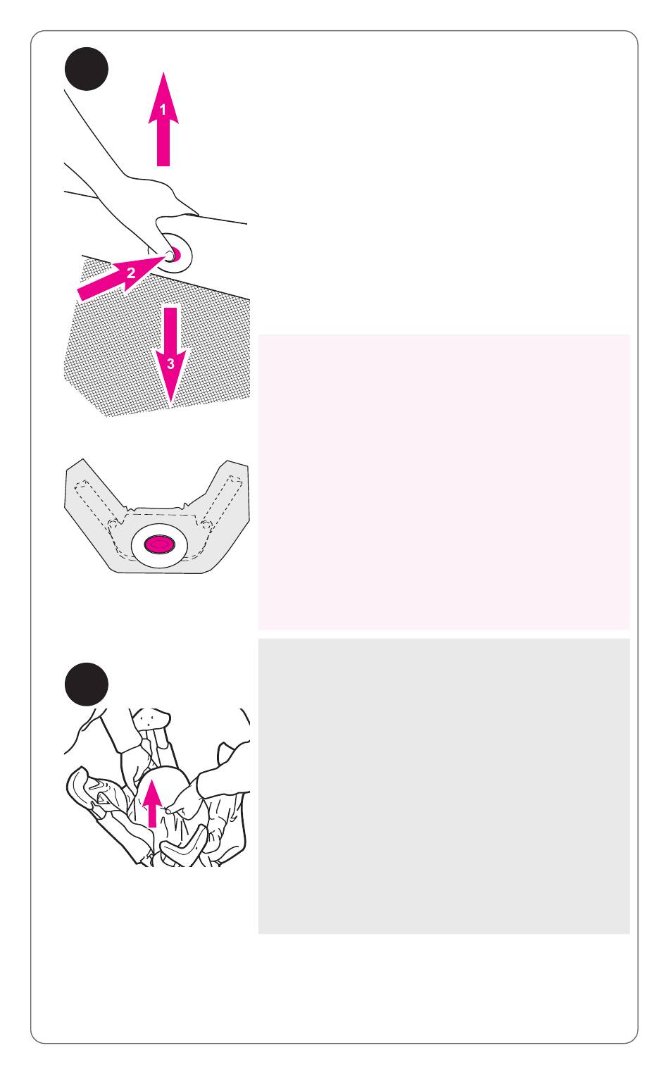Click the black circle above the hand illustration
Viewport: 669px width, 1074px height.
[87, 68]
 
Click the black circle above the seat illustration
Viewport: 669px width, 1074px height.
[87, 685]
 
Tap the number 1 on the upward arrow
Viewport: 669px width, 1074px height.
[163, 110]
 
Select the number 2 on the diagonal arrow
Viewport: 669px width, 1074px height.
[130, 273]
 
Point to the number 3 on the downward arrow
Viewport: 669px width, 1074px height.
[170, 363]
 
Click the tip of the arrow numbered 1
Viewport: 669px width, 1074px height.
[163, 73]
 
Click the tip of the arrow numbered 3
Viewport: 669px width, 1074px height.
[170, 405]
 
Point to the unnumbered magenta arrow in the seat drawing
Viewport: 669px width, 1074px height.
[152, 803]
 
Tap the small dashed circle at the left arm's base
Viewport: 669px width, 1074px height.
[112, 523]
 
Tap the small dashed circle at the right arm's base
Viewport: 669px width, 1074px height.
[206, 523]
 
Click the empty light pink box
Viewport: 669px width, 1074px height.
[444, 482]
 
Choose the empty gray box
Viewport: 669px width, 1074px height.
[444, 787]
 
